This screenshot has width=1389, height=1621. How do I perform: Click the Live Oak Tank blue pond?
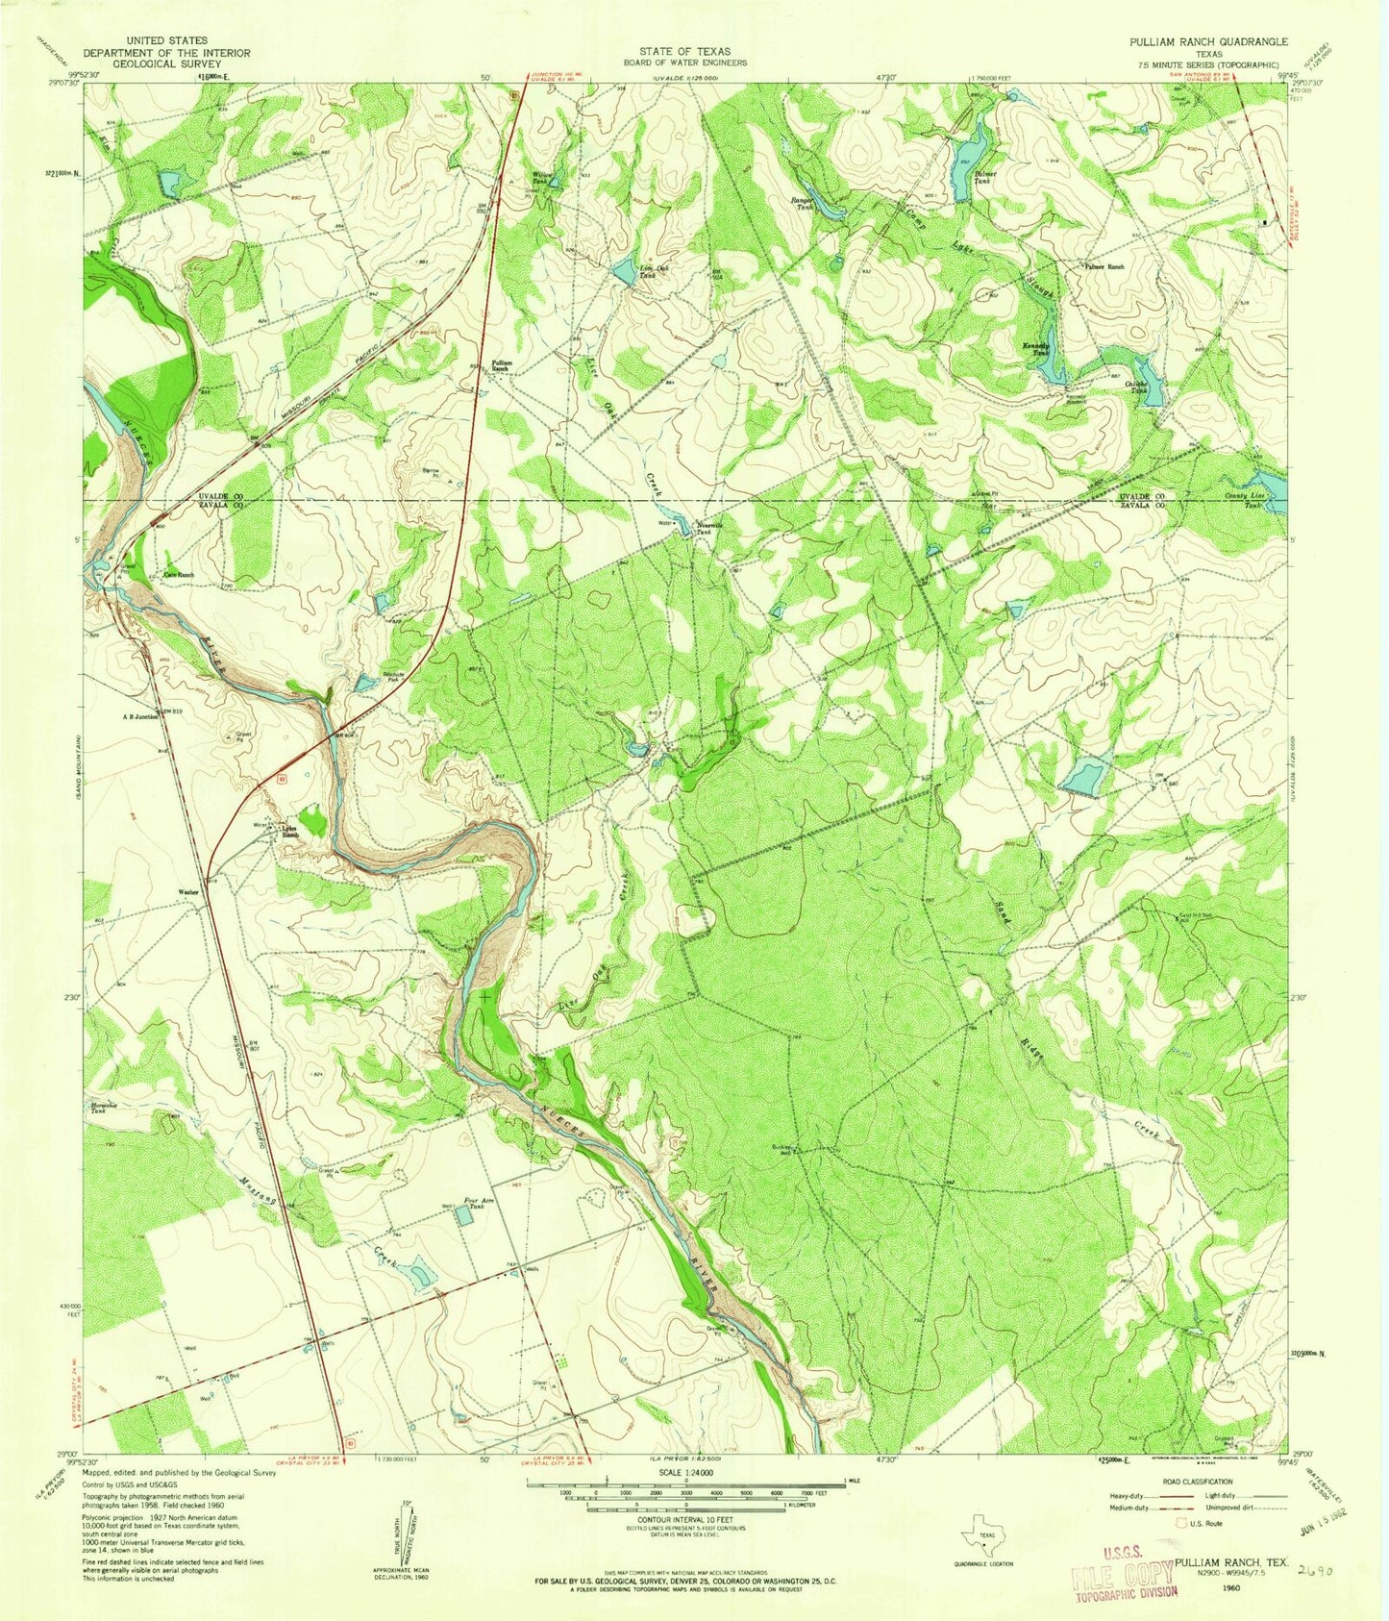tap(625, 274)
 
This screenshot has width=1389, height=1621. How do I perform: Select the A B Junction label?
tap(138, 716)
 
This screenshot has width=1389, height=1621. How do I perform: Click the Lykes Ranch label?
tap(291, 832)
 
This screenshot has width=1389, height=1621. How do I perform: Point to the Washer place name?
tap(188, 892)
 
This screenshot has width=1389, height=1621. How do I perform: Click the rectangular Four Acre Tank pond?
tap(464, 1216)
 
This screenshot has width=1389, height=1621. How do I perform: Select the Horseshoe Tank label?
tap(104, 1106)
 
